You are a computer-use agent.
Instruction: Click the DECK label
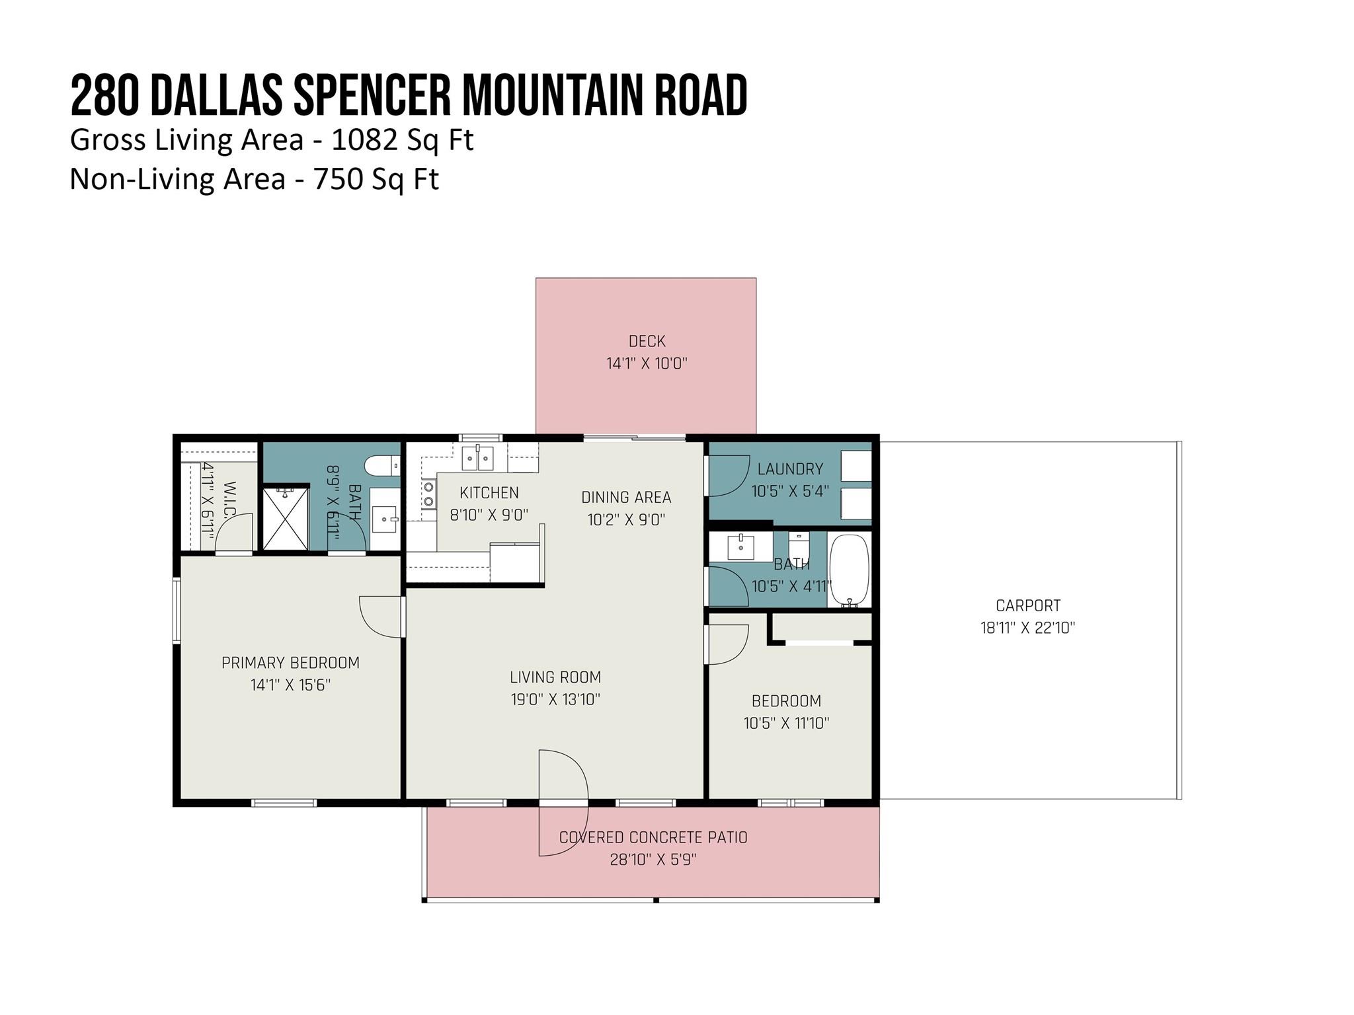click(647, 341)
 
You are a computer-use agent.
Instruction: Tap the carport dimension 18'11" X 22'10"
click(1027, 628)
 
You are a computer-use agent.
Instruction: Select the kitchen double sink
click(477, 458)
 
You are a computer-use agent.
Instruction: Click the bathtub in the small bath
click(849, 570)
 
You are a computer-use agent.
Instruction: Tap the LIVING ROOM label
click(555, 677)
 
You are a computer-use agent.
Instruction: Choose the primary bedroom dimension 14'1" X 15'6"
click(290, 685)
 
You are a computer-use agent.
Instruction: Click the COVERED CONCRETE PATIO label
click(653, 837)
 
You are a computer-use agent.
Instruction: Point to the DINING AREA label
click(626, 497)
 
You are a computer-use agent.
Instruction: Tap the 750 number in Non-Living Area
click(337, 179)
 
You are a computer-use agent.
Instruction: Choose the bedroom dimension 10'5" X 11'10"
click(786, 723)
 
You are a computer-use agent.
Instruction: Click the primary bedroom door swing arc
click(379, 618)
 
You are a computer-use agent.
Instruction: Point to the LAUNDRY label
click(790, 469)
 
